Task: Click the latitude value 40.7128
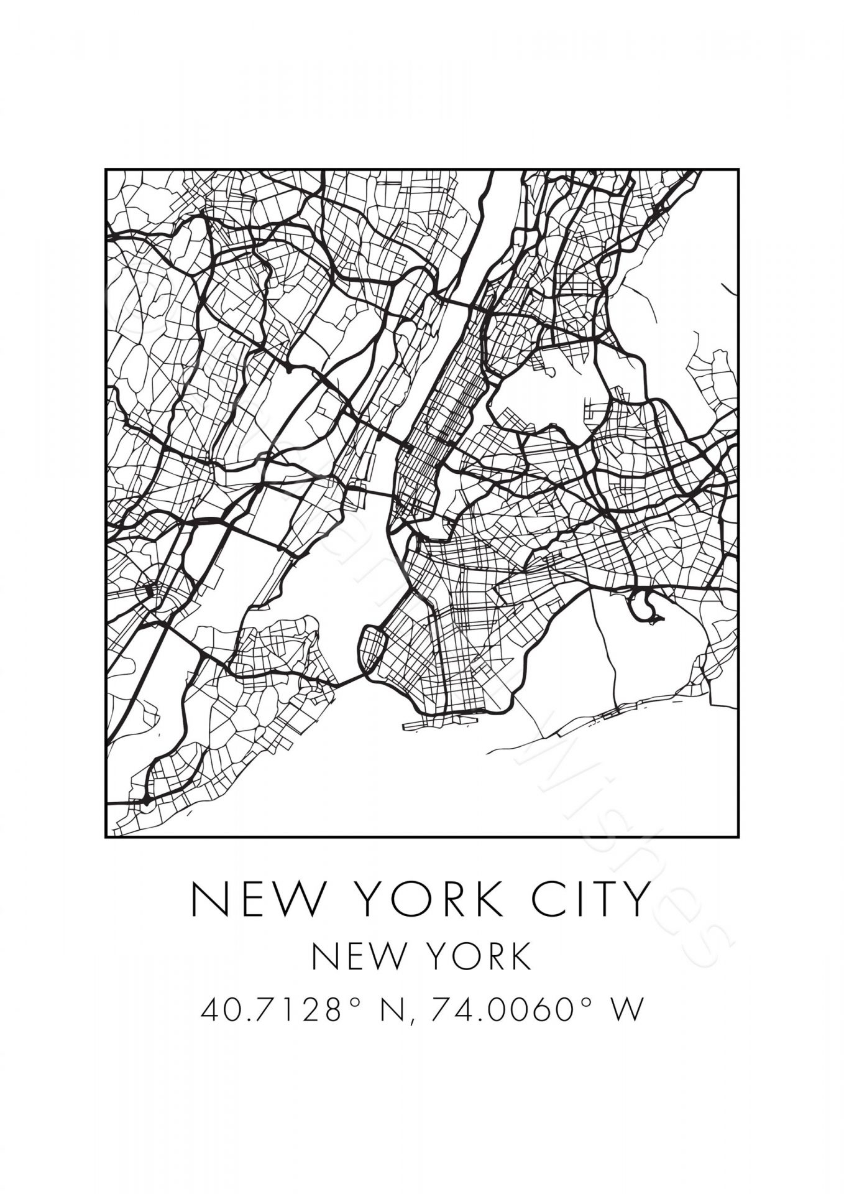tap(270, 1009)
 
